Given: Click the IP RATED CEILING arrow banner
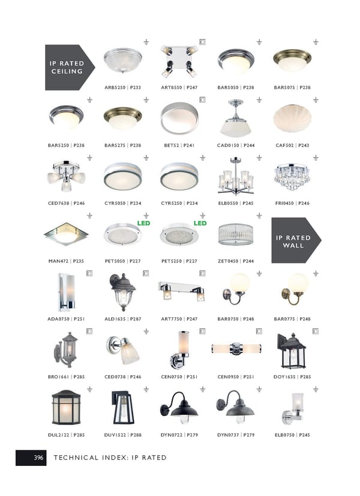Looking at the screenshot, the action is tap(70, 67).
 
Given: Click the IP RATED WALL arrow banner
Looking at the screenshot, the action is tap(296, 240).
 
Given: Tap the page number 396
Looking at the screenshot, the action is tap(38, 458).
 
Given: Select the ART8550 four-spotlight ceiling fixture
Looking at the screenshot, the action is tap(179, 61).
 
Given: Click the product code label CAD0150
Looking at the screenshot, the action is tap(228, 145).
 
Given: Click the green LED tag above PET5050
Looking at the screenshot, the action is tap(143, 223).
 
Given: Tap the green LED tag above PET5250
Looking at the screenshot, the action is tap(200, 223).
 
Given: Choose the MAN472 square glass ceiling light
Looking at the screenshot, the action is tap(66, 234).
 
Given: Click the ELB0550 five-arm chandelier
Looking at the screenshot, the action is tap(236, 176).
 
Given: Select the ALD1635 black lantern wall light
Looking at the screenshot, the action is tap(122, 292).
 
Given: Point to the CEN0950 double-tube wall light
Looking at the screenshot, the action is tap(236, 349).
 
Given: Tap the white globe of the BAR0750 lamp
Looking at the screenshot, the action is tap(240, 283).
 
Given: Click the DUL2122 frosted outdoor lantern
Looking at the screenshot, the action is tap(66, 407).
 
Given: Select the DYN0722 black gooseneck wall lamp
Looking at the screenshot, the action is tap(179, 407).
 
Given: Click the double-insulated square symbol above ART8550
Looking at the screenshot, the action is tap(202, 42).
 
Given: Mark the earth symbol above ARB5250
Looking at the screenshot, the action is tap(146, 42).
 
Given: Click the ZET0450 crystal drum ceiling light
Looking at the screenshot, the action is tap(236, 234).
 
